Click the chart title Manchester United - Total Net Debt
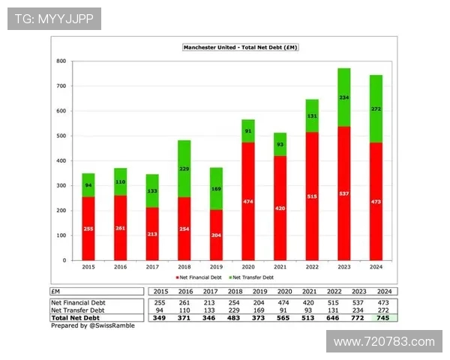pos(241,47)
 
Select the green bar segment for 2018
pos(184,169)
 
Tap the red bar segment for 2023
pos(343,193)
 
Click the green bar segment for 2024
pos(376,109)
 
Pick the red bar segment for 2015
pos(88,228)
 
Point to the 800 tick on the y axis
pos(61,61)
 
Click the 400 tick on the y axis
pos(61,160)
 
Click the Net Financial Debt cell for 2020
pos(284,302)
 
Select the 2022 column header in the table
pos(335,291)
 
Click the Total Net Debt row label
pos(77,318)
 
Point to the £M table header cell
pos(56,291)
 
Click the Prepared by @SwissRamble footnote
pos(86,326)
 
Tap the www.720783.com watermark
pos(384,342)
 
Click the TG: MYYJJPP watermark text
pos(54,19)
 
